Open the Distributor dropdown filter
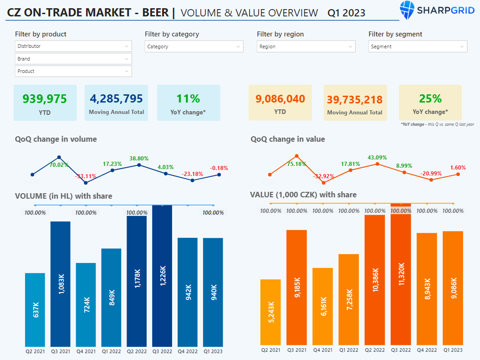click(73, 46)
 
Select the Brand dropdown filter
click(73, 59)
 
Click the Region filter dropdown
click(306, 46)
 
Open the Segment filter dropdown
click(418, 46)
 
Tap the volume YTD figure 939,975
click(45, 99)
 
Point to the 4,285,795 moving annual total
click(116, 98)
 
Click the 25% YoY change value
click(430, 99)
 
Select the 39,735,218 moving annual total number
click(355, 100)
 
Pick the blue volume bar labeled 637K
click(35, 309)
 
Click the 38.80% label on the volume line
click(139, 159)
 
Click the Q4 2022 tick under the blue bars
click(188, 351)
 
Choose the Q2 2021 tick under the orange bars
click(271, 350)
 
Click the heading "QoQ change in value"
click(288, 139)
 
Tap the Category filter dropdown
click(194, 46)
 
